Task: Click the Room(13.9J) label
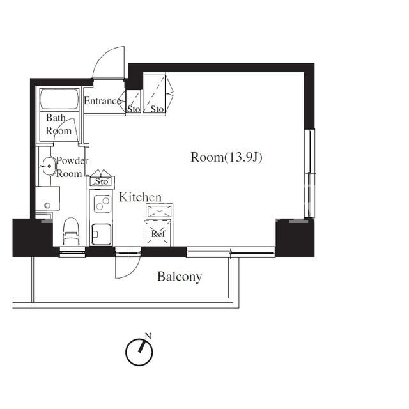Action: click(x=226, y=157)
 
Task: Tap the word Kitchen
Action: click(x=140, y=197)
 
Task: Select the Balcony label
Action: click(x=180, y=277)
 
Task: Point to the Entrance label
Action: click(x=102, y=101)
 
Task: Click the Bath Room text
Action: click(x=58, y=124)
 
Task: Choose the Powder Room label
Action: click(x=72, y=167)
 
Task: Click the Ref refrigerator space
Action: click(x=158, y=233)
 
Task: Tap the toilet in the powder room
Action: click(x=71, y=231)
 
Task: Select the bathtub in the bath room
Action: click(x=59, y=100)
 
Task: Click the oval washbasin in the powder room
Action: click(x=49, y=166)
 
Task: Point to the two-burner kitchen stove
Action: click(x=102, y=203)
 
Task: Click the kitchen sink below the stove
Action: click(x=101, y=235)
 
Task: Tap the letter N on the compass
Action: click(x=148, y=336)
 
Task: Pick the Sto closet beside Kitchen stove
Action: click(x=102, y=181)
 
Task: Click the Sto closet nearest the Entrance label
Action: click(x=134, y=102)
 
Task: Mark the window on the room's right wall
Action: click(x=310, y=173)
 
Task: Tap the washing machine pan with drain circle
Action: click(x=47, y=198)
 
